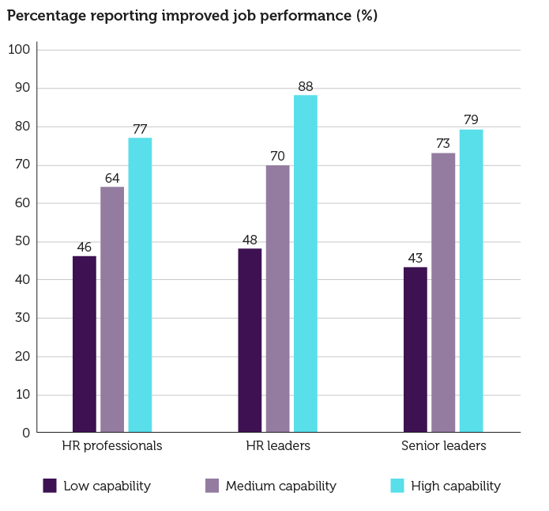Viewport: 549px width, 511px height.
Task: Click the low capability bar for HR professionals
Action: coord(85,344)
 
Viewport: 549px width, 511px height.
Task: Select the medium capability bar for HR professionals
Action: coord(112,309)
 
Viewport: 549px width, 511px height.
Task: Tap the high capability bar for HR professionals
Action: coord(140,285)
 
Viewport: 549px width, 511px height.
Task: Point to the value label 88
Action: coord(306,86)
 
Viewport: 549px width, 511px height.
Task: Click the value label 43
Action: coord(416,258)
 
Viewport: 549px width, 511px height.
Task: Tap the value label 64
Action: coord(112,177)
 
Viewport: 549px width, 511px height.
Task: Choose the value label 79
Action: coord(471,120)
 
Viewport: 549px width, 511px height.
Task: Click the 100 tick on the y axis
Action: coord(19,50)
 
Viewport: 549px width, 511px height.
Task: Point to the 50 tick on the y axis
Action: coord(22,241)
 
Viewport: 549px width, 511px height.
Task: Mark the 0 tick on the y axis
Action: coord(26,433)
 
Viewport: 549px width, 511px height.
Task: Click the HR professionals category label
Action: coord(112,446)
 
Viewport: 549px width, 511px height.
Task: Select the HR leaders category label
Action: coord(277,446)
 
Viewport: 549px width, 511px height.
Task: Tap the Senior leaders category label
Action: coord(443,446)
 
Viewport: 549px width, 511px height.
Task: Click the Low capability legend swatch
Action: coord(50,486)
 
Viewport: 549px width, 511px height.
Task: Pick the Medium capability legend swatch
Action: coord(212,486)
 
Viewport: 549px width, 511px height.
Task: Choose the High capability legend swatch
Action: coord(397,486)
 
